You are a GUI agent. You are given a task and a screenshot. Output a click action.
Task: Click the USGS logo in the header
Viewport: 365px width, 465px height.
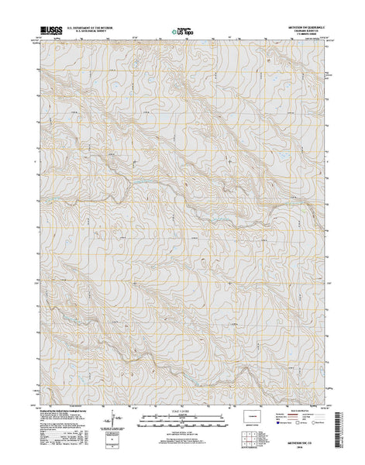(45, 33)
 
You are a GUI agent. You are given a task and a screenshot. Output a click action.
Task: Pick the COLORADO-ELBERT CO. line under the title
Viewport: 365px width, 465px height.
(304, 35)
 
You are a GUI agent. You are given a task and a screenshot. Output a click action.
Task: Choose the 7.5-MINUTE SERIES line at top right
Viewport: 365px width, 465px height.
(304, 39)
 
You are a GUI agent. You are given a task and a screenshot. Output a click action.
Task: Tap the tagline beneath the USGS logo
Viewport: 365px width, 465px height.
(45, 38)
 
